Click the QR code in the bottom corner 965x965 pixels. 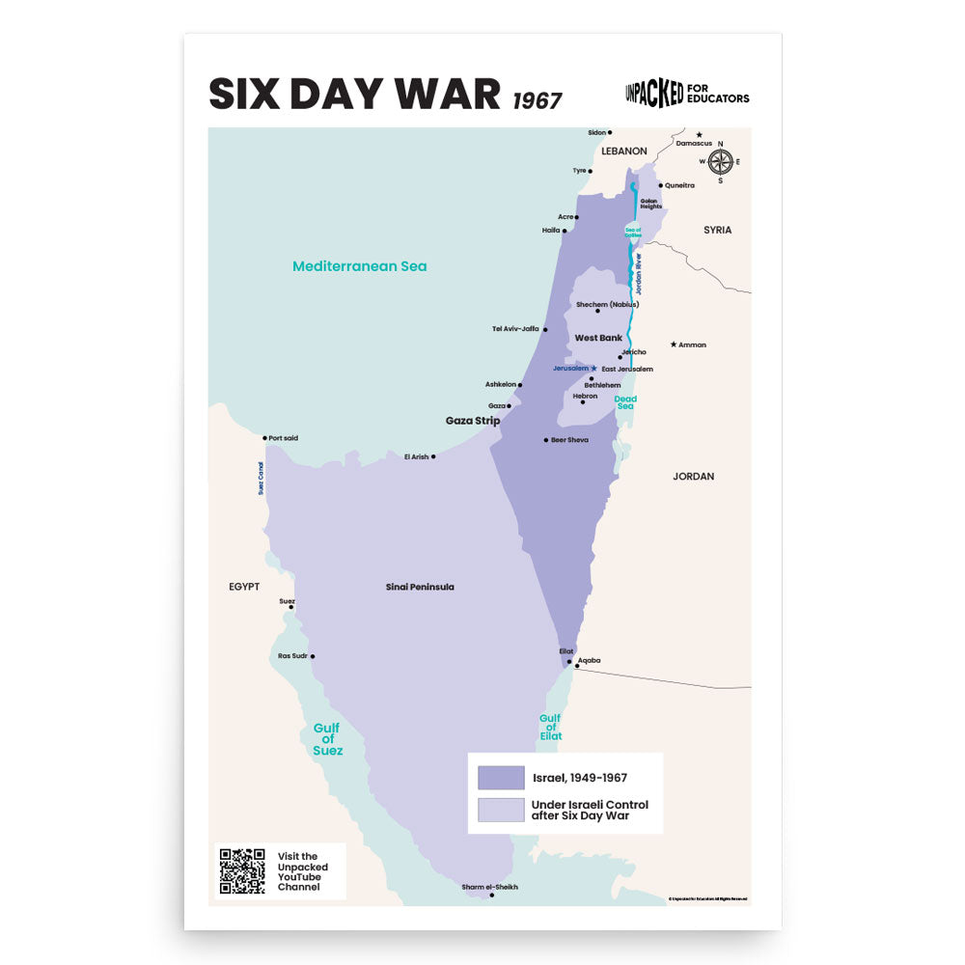point(242,871)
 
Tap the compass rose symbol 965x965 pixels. point(721,162)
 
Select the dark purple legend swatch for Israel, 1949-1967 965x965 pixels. point(501,778)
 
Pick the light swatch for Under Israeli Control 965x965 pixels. point(501,810)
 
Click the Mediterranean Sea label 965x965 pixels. point(359,266)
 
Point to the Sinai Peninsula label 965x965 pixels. point(420,587)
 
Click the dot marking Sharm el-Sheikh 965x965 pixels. point(492,896)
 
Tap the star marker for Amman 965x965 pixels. point(674,345)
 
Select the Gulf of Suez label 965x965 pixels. point(327,739)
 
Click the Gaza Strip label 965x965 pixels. point(473,421)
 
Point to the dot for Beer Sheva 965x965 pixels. point(546,440)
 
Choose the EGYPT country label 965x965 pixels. point(244,587)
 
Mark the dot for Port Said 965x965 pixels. point(264,438)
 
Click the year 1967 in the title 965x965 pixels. point(538,100)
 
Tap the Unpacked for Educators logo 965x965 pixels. point(687,94)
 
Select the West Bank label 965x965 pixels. point(598,338)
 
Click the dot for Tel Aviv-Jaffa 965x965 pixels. point(545,329)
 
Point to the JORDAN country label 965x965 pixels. point(693,477)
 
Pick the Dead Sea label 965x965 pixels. point(625,402)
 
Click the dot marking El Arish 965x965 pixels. point(433,456)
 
